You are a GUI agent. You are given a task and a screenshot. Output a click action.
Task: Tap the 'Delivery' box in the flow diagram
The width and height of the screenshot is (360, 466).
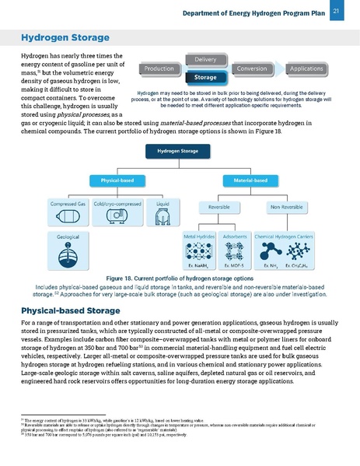(205, 60)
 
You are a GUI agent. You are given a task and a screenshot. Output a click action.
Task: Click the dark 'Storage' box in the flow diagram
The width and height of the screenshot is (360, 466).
(205, 78)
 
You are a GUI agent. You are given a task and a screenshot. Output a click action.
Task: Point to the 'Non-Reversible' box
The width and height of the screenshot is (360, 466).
(287, 208)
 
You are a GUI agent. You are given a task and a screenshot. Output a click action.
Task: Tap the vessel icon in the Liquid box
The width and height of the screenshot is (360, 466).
(163, 215)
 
